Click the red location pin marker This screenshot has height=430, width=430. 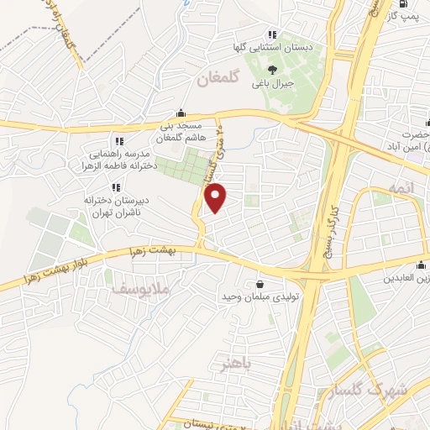(x=216, y=197)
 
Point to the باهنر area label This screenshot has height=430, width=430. (x=237, y=364)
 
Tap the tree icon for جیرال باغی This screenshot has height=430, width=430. (x=271, y=71)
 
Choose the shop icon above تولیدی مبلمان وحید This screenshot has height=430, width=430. (x=259, y=285)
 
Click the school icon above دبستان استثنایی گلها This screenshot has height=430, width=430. (x=271, y=34)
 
